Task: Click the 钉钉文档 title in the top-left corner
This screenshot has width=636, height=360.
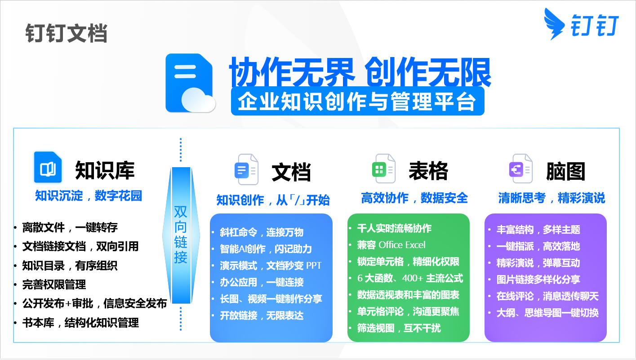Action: pos(67,33)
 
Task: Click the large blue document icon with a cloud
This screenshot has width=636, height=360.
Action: pos(190,83)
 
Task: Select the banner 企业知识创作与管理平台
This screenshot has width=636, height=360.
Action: pos(357,102)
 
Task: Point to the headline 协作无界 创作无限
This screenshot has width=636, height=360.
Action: pos(360,72)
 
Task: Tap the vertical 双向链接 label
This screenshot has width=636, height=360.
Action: pos(181,235)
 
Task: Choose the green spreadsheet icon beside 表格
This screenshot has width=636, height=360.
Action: pos(383,169)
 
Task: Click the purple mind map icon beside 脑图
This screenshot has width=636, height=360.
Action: pos(520,169)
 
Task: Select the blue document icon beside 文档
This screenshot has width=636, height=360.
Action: pos(246,169)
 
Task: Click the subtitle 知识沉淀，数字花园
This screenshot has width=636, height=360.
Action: pos(88,196)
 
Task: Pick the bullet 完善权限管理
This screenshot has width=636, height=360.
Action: pos(54,284)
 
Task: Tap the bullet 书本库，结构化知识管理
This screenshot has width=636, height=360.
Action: pos(80,323)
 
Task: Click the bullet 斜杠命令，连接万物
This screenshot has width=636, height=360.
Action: pos(262,232)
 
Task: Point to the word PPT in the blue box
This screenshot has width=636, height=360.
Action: pos(314,266)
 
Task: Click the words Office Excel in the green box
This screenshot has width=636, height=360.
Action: pos(402,245)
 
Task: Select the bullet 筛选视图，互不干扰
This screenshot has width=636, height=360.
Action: pos(399,328)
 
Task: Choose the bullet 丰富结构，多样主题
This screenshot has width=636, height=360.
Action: pos(538,230)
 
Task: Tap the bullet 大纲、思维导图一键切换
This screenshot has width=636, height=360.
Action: pos(547,313)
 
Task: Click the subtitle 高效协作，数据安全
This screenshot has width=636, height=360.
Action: pos(414,198)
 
